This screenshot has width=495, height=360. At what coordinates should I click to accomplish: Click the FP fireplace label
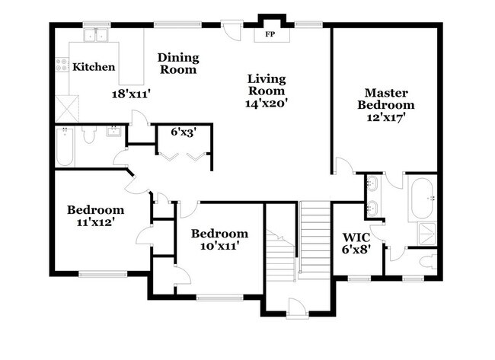point(269,34)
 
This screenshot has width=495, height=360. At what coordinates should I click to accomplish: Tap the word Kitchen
point(94,67)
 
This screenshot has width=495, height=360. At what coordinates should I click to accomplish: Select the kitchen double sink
point(96,35)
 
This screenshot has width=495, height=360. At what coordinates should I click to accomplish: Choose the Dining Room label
point(178,63)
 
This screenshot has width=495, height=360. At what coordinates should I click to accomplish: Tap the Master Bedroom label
point(386,98)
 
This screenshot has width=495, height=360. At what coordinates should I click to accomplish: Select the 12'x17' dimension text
point(386,119)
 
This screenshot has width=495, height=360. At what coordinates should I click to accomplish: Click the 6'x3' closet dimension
point(183,131)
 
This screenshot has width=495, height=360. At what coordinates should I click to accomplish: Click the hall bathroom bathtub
point(63,147)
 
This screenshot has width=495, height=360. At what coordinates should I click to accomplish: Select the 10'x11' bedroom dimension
point(219,247)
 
